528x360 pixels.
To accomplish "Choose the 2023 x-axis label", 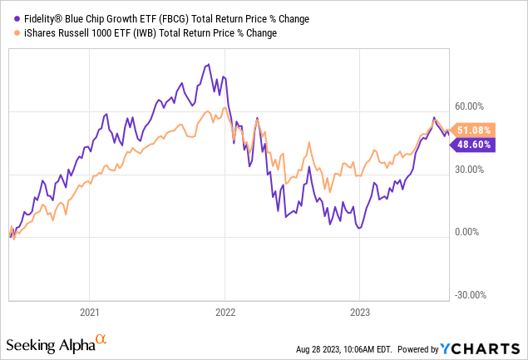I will (358, 313).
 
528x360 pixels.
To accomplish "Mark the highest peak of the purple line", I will (205, 65).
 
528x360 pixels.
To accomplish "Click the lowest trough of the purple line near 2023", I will (358, 228).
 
